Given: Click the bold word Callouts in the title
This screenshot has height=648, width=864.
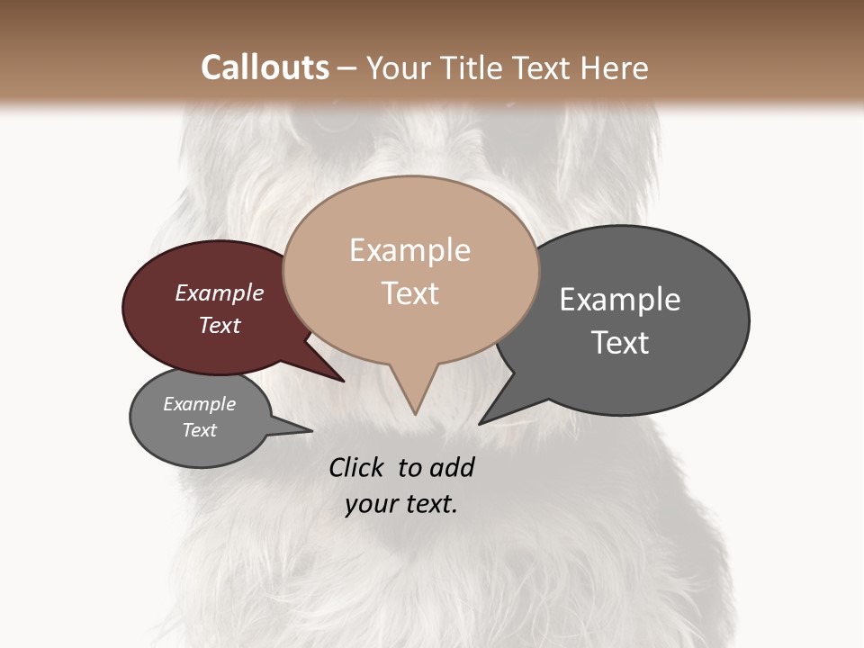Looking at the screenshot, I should tap(265, 67).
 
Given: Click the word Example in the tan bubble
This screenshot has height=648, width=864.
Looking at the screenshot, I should tap(409, 250).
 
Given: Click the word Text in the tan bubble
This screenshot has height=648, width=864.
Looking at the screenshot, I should tap(409, 293).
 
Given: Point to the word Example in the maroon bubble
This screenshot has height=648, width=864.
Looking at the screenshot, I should tap(220, 293).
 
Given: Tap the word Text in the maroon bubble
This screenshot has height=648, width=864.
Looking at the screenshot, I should tap(220, 326).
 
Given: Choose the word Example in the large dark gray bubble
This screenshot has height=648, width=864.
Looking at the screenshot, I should tap(620, 300).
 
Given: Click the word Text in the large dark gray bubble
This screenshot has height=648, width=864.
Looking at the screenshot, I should tap(620, 343).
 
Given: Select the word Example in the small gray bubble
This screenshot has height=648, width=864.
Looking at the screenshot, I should tap(200, 405).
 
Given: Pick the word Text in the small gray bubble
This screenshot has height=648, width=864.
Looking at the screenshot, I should tap(200, 430).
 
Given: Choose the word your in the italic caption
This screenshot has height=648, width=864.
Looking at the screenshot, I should tap(371, 505).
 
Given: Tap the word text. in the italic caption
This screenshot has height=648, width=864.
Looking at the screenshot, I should tap(430, 505).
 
